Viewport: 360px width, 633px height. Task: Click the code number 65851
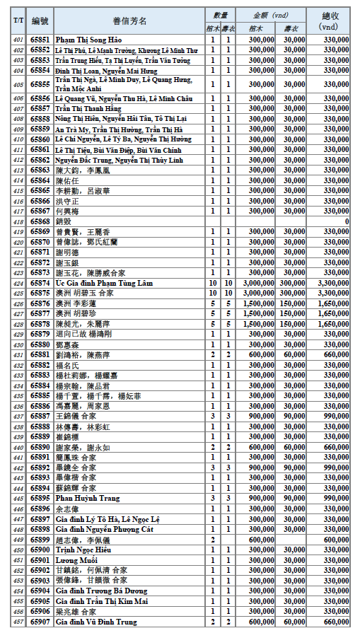(40, 40)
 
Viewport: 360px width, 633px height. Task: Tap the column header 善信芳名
(129, 21)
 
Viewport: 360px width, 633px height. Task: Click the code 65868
(40, 221)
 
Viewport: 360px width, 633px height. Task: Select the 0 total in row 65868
(347, 221)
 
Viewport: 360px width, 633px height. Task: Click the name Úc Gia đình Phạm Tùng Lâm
(103, 283)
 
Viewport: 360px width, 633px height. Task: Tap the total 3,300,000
(333, 283)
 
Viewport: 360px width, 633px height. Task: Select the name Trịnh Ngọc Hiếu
(84, 550)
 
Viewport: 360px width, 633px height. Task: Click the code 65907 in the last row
(40, 622)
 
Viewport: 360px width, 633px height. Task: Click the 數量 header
(220, 14)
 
